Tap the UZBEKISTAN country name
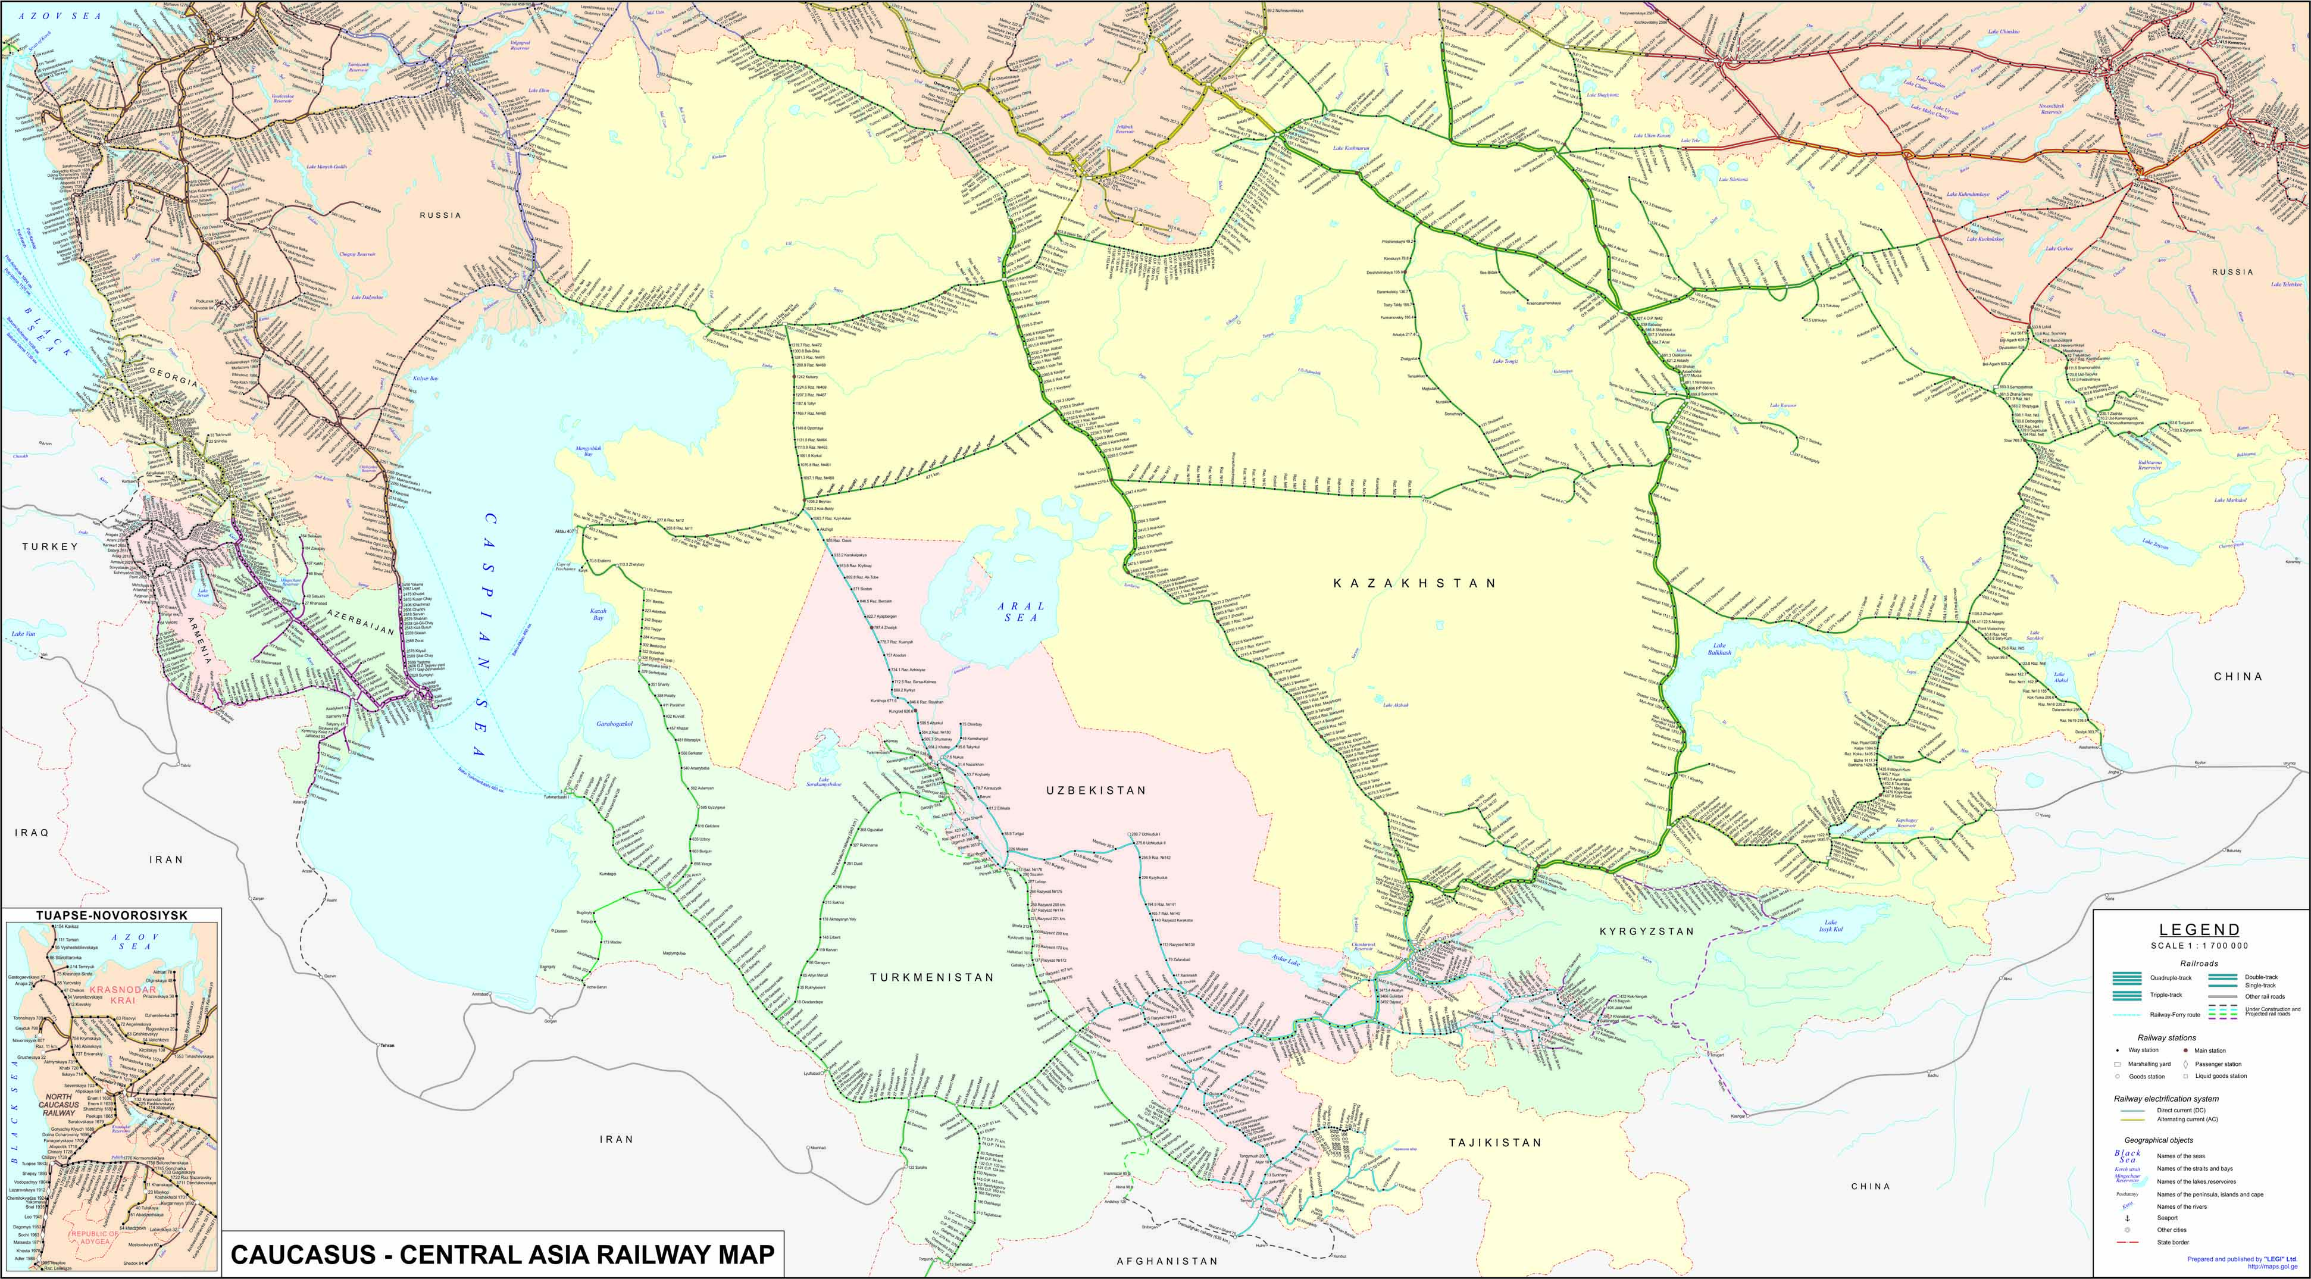1096,790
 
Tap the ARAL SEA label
1021,612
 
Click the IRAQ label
32,833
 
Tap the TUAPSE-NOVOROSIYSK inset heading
111,915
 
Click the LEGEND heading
2199,929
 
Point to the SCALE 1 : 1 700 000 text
2199,945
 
